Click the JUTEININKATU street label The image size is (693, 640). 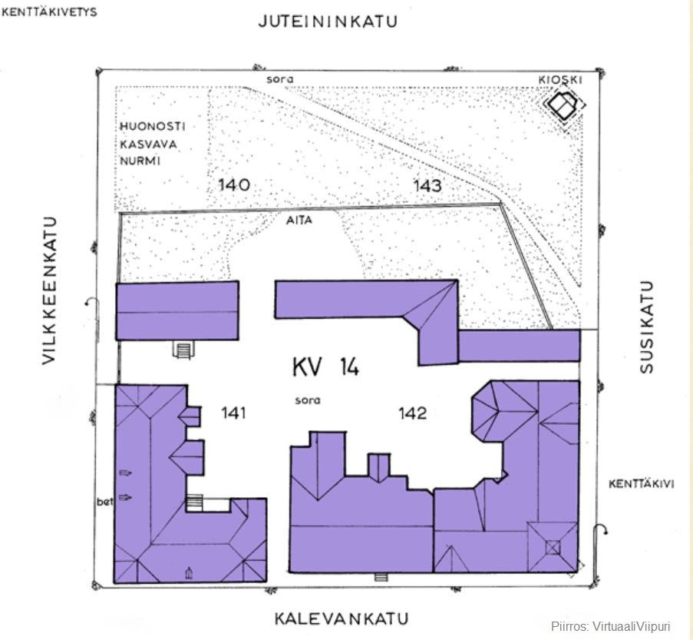[x=328, y=22]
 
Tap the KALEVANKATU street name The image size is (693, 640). [x=342, y=618]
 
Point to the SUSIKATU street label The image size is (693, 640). [x=647, y=327]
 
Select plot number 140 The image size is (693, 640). [x=235, y=185]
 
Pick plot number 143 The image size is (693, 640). [x=427, y=185]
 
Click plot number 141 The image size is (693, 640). [x=233, y=413]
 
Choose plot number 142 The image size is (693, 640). [x=412, y=413]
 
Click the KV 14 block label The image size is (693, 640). [x=325, y=367]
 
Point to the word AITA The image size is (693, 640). [x=299, y=219]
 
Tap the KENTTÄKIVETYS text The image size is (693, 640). [x=50, y=12]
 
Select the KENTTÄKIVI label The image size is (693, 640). [x=641, y=484]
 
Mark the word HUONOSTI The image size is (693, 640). [x=152, y=126]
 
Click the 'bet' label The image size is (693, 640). [x=104, y=502]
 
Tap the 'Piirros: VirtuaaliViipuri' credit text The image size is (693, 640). [x=611, y=626]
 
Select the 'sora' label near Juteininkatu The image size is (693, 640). [x=280, y=79]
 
